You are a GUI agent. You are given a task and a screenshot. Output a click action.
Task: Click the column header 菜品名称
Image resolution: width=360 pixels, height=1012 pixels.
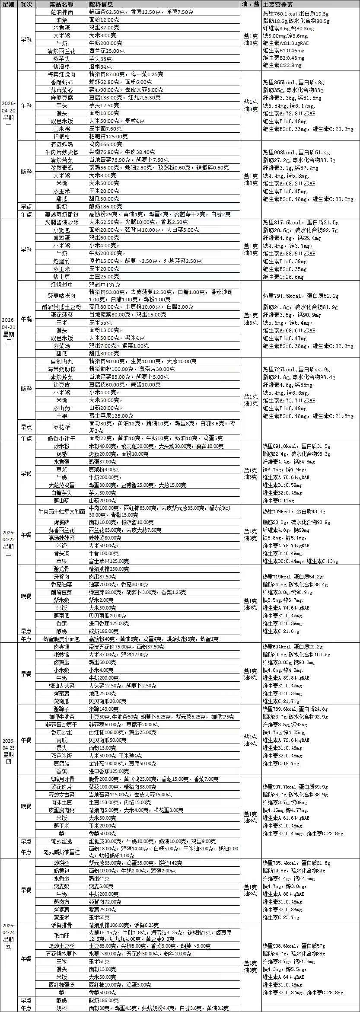point(61,4)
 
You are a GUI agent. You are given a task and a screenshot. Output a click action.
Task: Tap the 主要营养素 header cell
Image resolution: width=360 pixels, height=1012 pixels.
point(277,4)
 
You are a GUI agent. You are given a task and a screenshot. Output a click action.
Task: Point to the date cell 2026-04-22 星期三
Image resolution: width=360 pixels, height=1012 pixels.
point(9,542)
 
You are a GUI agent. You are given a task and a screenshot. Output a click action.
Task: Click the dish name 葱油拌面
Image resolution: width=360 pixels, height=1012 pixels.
point(61,12)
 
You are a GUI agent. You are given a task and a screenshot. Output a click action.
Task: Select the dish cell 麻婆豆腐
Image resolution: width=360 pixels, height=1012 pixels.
point(61,98)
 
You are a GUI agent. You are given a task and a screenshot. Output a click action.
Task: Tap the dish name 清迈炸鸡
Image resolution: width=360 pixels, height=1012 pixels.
point(61,144)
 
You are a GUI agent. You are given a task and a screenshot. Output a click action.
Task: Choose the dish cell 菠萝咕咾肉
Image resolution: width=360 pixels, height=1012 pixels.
point(61,296)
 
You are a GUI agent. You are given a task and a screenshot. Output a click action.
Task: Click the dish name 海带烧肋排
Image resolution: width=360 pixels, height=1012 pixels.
point(61,369)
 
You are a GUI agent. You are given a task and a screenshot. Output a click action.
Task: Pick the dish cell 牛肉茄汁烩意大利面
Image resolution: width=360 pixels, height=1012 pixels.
point(61,511)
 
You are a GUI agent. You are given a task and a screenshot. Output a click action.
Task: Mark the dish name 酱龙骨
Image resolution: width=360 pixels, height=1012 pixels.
point(61,569)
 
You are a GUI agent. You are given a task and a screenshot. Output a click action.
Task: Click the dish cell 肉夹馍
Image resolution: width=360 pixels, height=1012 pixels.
point(61,647)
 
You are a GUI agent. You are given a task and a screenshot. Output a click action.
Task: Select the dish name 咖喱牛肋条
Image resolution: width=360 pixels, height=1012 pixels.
point(61,717)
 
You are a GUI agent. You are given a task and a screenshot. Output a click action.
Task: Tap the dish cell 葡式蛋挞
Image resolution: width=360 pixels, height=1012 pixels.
point(61,841)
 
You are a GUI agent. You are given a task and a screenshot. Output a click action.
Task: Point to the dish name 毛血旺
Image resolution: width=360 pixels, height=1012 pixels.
point(61,936)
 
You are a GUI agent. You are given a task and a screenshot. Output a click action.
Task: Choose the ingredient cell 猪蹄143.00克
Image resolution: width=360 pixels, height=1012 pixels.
point(104,709)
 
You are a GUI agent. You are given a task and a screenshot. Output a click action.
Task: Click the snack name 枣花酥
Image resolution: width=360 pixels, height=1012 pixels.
point(61,427)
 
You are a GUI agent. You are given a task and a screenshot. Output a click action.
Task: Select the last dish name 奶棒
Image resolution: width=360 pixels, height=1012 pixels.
point(61,1008)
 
